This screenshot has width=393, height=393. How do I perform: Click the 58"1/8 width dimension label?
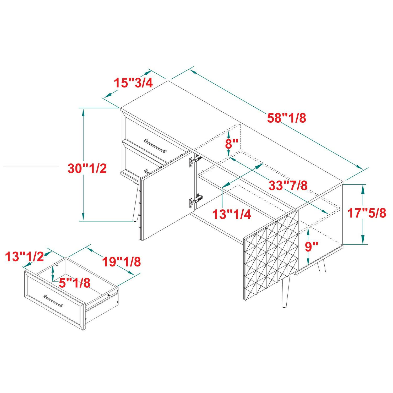tap(287, 118)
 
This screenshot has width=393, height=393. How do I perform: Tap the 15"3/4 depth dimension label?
tap(133, 83)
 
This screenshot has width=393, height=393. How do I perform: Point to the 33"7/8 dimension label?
tap(288, 185)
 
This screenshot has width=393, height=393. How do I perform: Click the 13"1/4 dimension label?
tap(232, 214)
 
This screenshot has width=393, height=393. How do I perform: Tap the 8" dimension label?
tap(232, 144)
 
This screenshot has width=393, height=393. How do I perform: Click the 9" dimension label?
tap(312, 247)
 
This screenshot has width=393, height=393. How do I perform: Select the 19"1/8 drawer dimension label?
tap(121, 261)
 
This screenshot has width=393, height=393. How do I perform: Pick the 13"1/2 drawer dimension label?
tap(25, 256)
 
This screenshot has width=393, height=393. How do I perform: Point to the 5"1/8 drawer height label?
tap(74, 283)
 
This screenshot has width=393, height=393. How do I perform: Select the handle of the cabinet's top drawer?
tap(155, 145)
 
